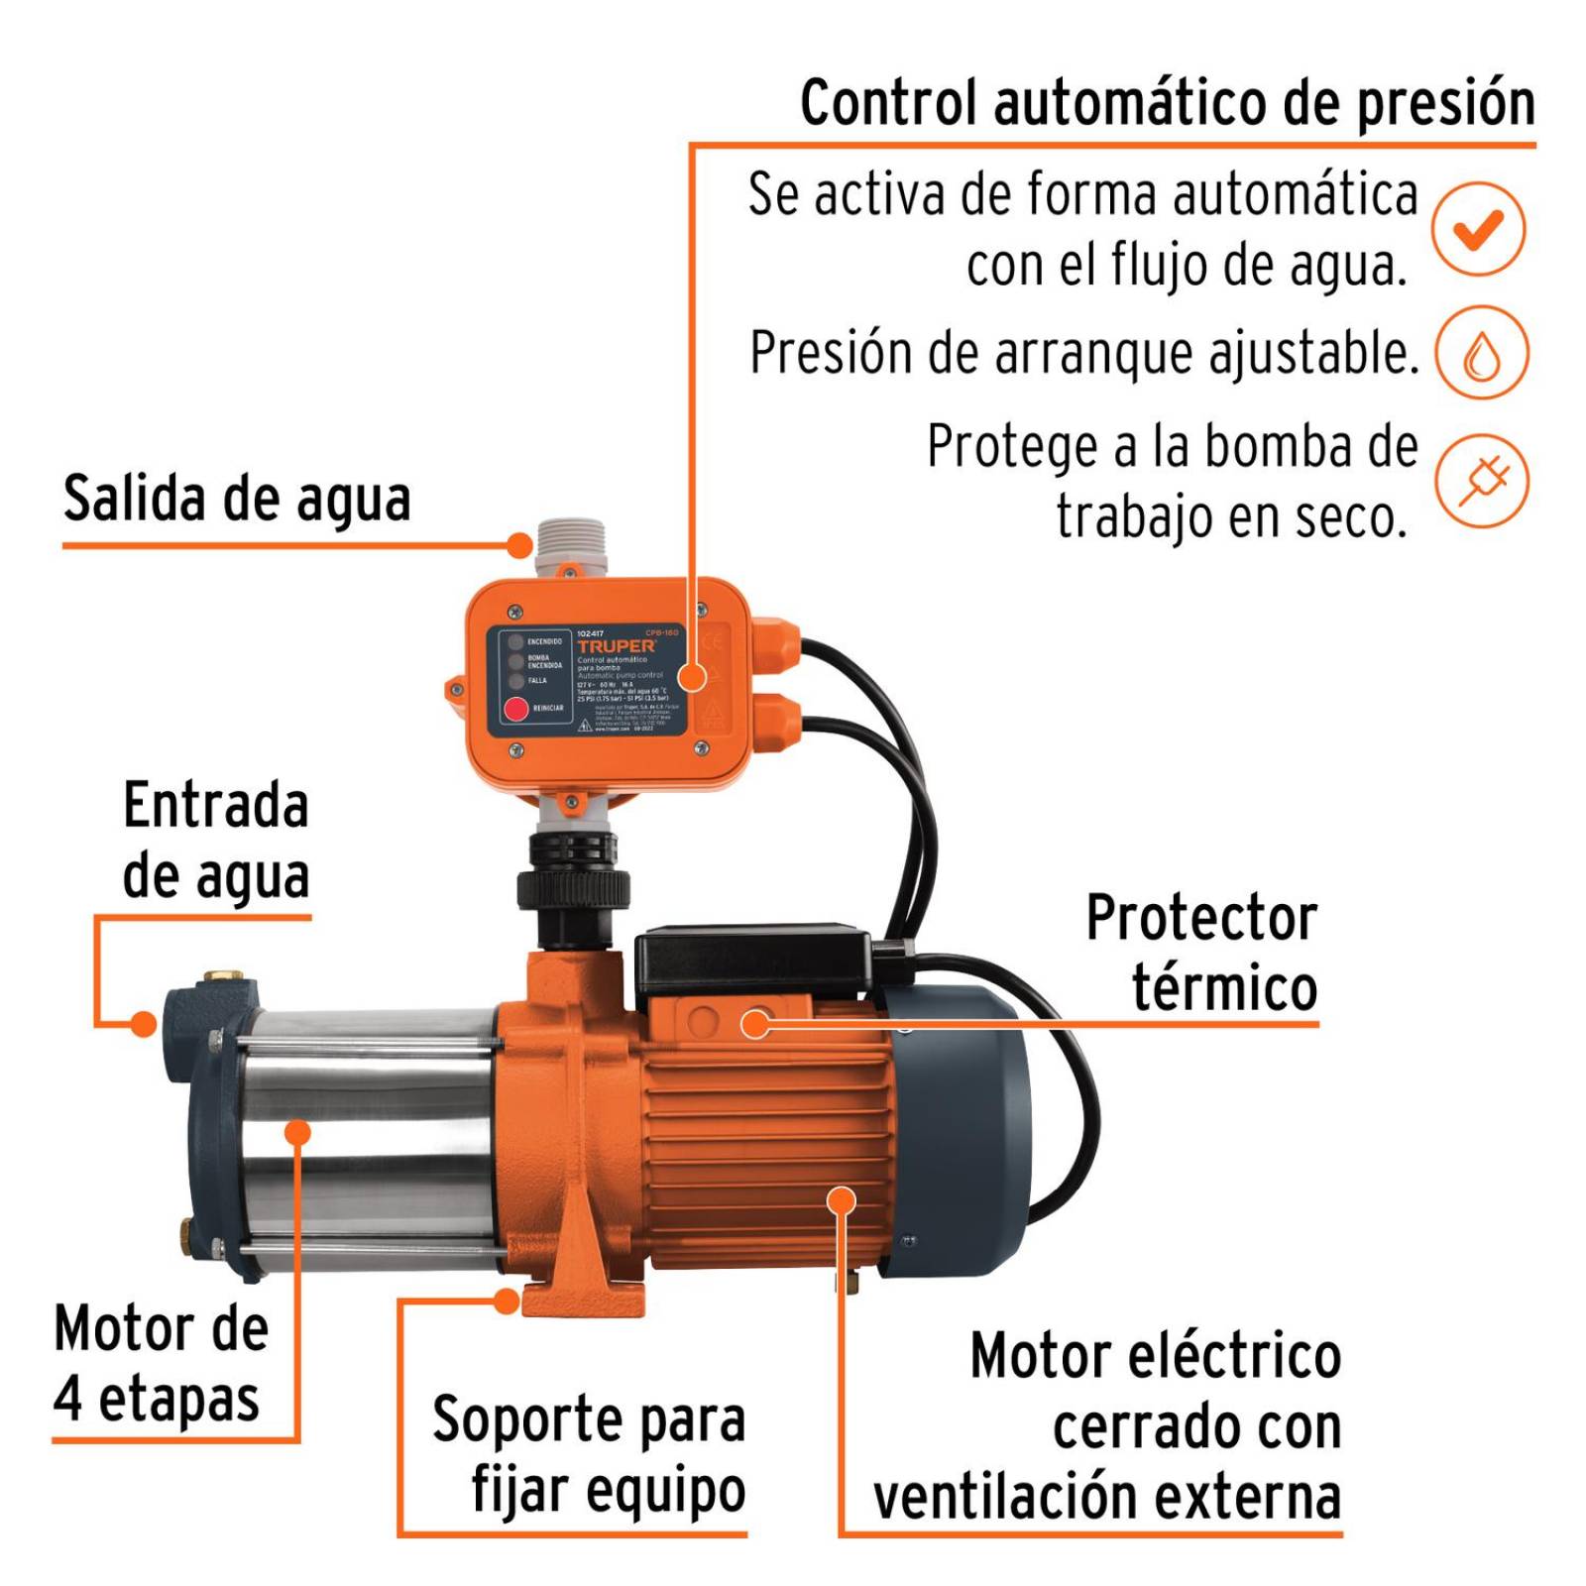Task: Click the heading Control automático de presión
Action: point(1167,103)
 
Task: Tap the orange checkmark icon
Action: point(1478,229)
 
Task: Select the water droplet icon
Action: point(1481,353)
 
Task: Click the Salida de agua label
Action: point(237,499)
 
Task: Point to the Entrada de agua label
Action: point(216,841)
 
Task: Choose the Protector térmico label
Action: point(1201,953)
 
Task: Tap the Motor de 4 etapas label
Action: point(161,1363)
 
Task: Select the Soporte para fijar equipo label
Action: point(589,1454)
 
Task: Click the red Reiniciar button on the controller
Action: point(516,709)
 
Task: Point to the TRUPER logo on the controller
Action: point(616,645)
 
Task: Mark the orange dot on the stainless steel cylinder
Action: point(297,1131)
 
